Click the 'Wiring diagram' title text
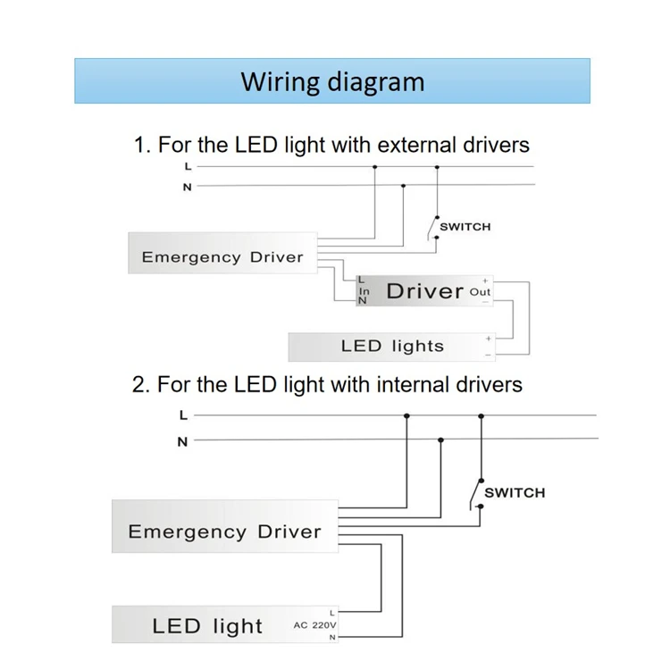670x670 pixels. [332, 82]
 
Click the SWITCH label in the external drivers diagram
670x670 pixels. [465, 227]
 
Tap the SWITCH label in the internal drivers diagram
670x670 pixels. [514, 493]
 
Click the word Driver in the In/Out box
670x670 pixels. [424, 291]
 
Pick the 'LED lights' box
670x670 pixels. [392, 347]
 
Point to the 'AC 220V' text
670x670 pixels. [315, 625]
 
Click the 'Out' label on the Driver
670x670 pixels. [480, 292]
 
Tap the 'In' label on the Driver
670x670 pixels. [364, 292]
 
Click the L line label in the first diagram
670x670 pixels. [187, 166]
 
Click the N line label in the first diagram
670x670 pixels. [187, 187]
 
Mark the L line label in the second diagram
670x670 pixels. [183, 415]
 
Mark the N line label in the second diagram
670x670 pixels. [183, 441]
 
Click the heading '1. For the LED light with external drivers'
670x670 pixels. [331, 145]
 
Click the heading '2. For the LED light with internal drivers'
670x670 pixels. [327, 385]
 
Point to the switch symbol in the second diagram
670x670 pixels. [476, 493]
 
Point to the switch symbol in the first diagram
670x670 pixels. [432, 228]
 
